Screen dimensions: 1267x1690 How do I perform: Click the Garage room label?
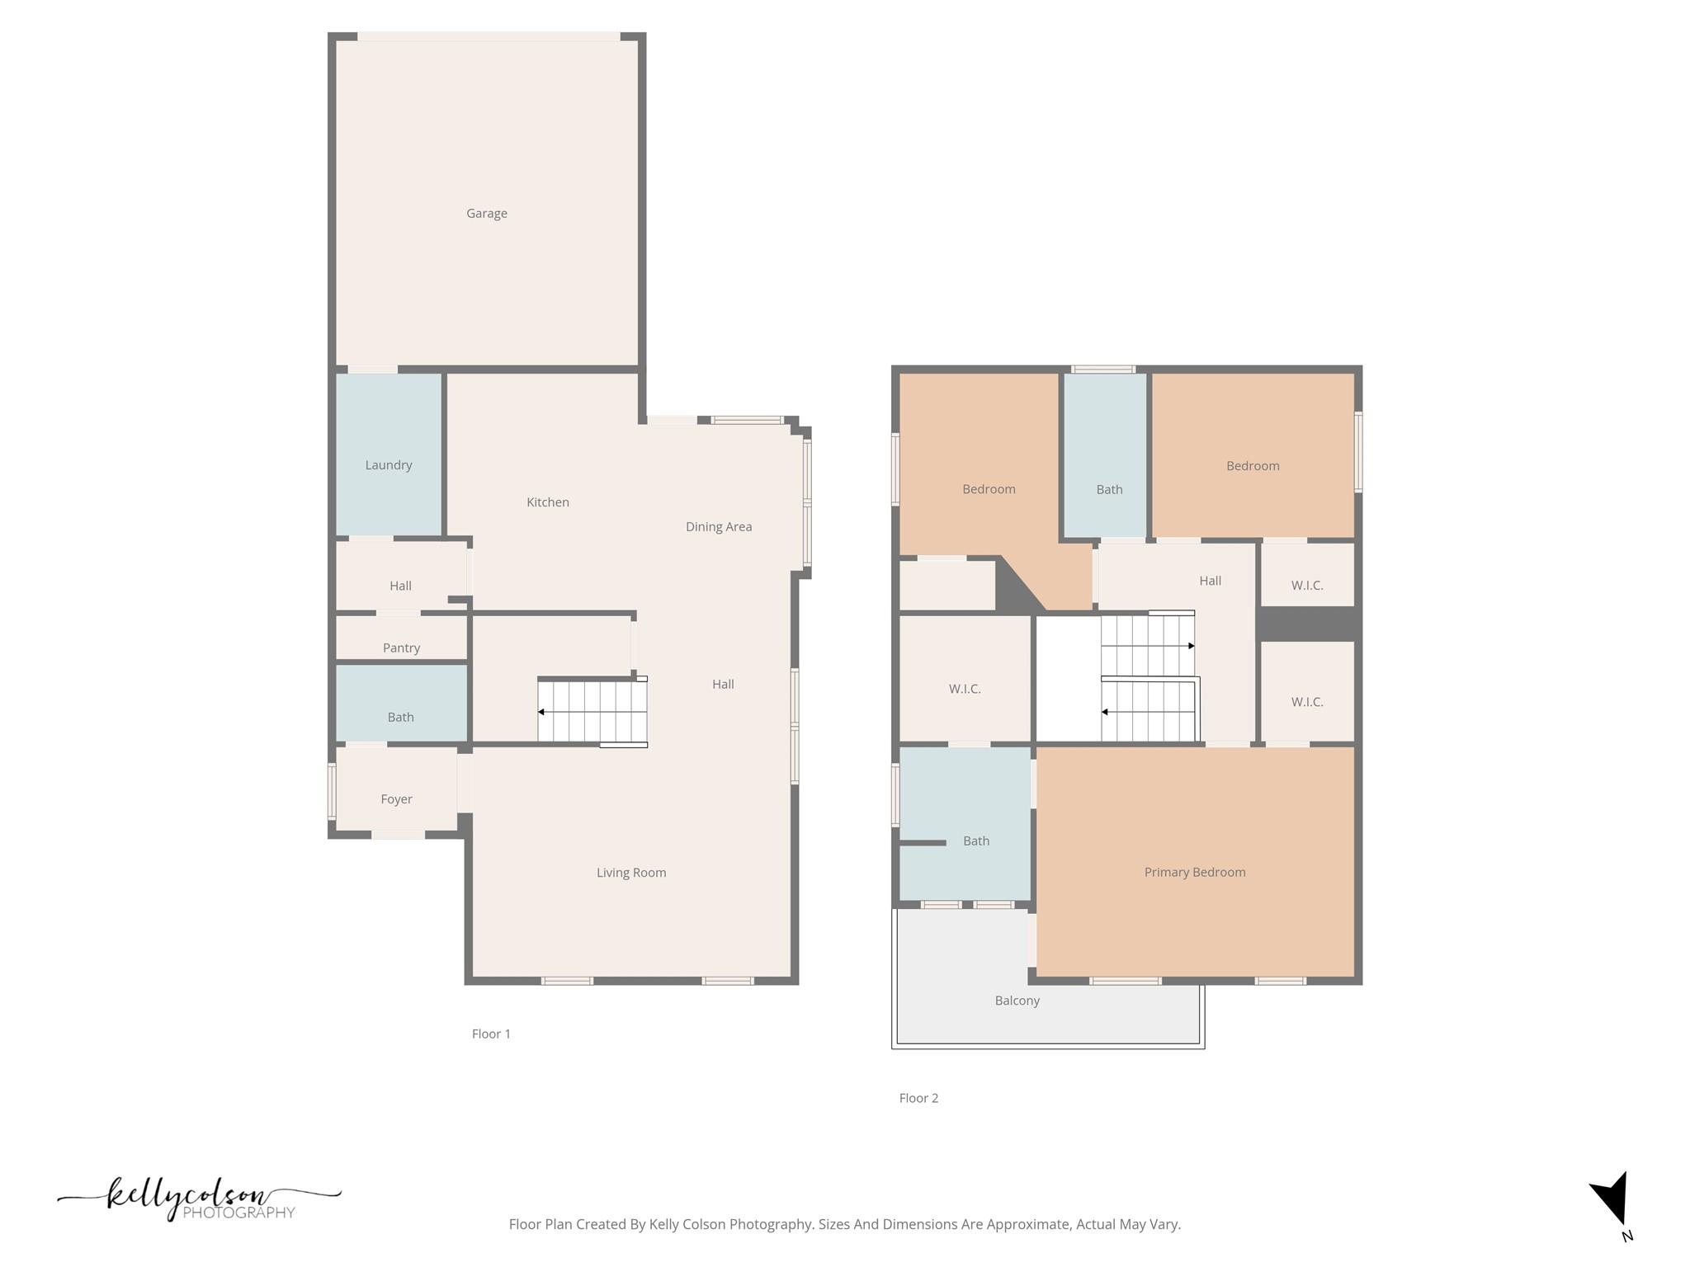pos(486,214)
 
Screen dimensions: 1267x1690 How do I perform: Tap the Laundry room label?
pos(389,465)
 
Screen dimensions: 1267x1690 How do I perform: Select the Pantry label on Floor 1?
pos(401,648)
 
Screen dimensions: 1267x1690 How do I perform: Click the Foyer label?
pos(396,799)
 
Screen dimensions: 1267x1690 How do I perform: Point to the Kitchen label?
pos(547,502)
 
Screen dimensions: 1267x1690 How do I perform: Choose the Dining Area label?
pos(718,527)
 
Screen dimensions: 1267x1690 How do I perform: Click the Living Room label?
pos(630,873)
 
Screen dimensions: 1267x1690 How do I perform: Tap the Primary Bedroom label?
pos(1194,873)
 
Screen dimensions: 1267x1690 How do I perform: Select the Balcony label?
pos(1017,1001)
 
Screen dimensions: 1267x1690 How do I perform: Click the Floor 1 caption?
pos(491,1034)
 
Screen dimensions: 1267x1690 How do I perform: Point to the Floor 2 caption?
pos(918,1099)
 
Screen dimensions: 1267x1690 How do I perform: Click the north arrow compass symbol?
pos(1612,1200)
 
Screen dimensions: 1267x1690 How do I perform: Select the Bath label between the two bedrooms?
pos(1109,490)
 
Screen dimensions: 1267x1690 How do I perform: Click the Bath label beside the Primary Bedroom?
pos(975,841)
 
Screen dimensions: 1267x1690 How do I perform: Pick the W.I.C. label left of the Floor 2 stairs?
pos(964,690)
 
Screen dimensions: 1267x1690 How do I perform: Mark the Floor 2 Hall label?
pos(1210,582)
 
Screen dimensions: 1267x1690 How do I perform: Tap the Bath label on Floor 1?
pos(400,718)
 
